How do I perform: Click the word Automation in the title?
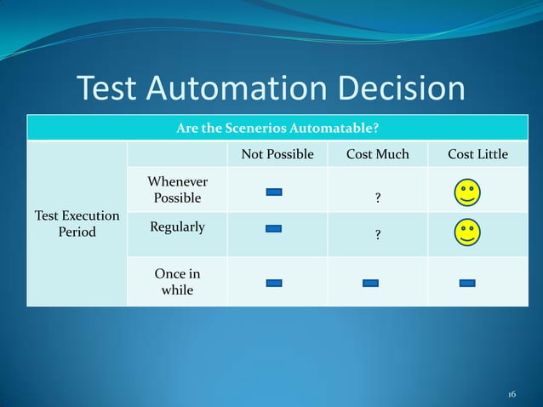pyautogui.click(x=243, y=89)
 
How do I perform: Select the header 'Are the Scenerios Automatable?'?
pyautogui.click(x=277, y=129)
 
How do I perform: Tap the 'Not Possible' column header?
pyautogui.click(x=277, y=154)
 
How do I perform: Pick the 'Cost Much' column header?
pyautogui.click(x=378, y=154)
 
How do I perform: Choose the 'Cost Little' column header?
pyautogui.click(x=477, y=154)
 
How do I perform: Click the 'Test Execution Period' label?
pyautogui.click(x=77, y=224)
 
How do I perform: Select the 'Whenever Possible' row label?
pyautogui.click(x=177, y=190)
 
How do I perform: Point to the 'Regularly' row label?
pyautogui.click(x=177, y=227)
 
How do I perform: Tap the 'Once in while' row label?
pyautogui.click(x=177, y=282)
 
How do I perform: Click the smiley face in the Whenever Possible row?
pyautogui.click(x=467, y=192)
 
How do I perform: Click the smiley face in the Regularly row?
pyautogui.click(x=467, y=232)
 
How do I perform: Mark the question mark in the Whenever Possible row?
pyautogui.click(x=378, y=198)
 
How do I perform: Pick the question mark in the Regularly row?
pyautogui.click(x=378, y=238)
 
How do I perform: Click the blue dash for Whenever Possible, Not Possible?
pyautogui.click(x=274, y=192)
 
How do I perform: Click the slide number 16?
pyautogui.click(x=512, y=394)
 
